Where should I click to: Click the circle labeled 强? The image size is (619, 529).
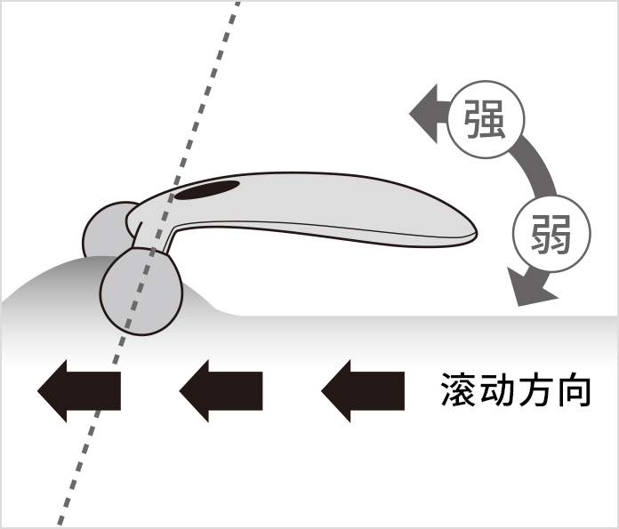pos(486,120)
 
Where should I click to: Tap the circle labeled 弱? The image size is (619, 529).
pos(551,233)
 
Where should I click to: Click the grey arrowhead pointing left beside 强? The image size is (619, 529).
pos(424,114)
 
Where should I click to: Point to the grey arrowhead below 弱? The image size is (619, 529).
pos(531,287)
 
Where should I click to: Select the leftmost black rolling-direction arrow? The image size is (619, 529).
pos(79,391)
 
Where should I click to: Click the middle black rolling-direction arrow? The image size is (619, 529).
pos(221,391)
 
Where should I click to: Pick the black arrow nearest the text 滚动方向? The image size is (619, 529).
pos(363,391)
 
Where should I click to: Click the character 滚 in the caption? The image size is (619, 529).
pos(458,390)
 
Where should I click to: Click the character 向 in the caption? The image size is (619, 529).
pos(573,390)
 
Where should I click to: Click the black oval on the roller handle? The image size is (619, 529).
pos(207,190)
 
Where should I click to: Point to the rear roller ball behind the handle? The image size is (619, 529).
pos(105,229)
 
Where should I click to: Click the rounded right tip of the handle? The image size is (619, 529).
pos(471,234)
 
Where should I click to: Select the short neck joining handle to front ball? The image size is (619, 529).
pos(152,238)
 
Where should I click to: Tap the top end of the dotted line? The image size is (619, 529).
pos(237,4)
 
